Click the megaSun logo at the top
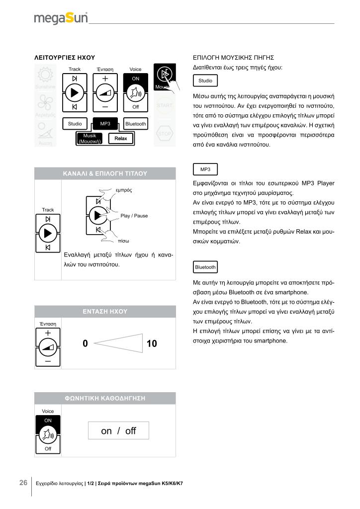[x=61, y=18]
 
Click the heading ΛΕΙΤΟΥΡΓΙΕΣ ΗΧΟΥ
[x=64, y=58]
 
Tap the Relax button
[x=121, y=138]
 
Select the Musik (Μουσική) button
[x=90, y=139]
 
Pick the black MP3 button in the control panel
[x=105, y=123]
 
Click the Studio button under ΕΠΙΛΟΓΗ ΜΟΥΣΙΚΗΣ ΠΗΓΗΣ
[x=205, y=81]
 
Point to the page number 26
[x=23, y=483]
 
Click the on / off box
[x=118, y=431]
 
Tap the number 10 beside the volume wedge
[x=152, y=343]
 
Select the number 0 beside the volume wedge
[x=85, y=343]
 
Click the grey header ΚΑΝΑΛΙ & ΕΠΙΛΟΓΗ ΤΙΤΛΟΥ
[x=105, y=173]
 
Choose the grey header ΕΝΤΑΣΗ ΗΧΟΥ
[x=105, y=312]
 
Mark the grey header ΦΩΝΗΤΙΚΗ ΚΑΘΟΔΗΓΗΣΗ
[x=105, y=398]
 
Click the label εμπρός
[x=123, y=190]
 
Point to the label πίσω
[x=124, y=241]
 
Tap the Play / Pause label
[x=134, y=216]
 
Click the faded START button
[x=165, y=105]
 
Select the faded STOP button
[x=165, y=134]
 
